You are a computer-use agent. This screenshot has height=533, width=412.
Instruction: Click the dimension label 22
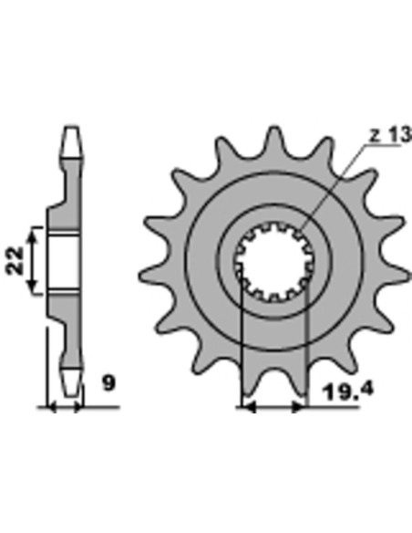click(x=15, y=260)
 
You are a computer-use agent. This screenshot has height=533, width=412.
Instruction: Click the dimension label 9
click(x=109, y=383)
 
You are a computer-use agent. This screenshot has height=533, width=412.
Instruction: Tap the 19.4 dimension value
click(x=348, y=391)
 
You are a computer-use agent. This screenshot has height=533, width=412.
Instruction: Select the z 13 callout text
click(x=390, y=135)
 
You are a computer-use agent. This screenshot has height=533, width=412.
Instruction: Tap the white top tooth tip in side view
click(x=72, y=142)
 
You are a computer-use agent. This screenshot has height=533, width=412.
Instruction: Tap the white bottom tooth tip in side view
click(x=72, y=381)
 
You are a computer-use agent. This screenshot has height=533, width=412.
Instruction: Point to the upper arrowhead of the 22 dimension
click(x=33, y=234)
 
